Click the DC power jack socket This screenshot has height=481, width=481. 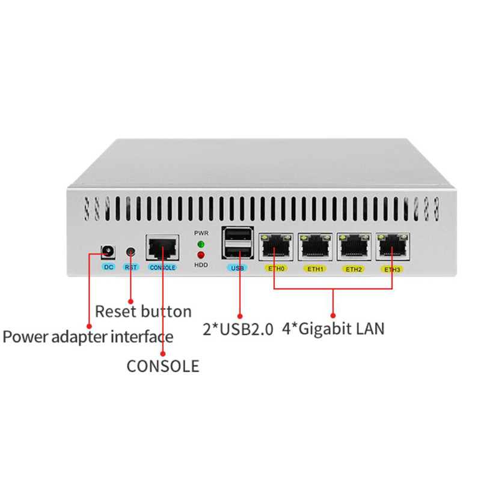(x=108, y=252)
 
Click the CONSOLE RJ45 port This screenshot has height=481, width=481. (x=162, y=248)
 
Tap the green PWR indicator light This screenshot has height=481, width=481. (x=201, y=244)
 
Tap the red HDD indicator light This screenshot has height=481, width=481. (x=201, y=255)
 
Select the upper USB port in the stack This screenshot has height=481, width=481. (x=237, y=235)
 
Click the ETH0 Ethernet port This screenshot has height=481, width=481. (x=276, y=247)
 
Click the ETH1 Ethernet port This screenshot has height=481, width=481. (x=315, y=247)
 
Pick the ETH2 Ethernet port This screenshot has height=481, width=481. (x=354, y=247)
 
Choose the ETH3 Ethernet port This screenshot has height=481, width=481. (x=393, y=247)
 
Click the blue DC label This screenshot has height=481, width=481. (x=108, y=267)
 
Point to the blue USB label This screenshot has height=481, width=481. (x=237, y=268)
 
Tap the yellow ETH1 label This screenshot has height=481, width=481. (x=315, y=269)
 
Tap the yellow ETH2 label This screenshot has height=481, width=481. (x=354, y=269)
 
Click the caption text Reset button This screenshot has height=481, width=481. (x=143, y=311)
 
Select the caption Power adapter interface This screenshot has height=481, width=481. (x=88, y=337)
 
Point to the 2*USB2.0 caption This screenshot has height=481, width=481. (x=237, y=329)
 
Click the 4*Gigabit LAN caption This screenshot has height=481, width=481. (x=333, y=328)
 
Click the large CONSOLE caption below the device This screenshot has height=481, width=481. (x=163, y=366)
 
